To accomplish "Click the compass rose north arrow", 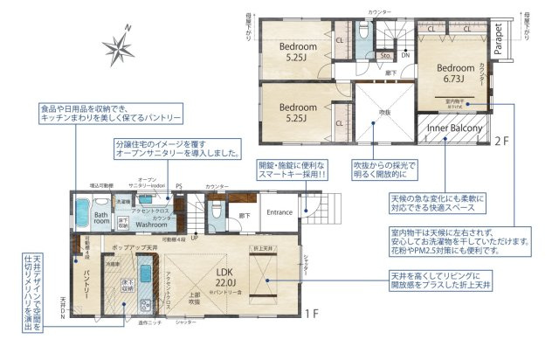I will pos(117,45).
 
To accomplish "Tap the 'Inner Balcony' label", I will pos(454,128).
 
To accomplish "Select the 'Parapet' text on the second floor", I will pos(496,39).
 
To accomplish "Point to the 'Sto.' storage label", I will pos(384,56).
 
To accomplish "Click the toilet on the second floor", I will pos(366,31).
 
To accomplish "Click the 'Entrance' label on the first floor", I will pos(279,212).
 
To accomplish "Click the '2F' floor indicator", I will pos(501,140).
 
